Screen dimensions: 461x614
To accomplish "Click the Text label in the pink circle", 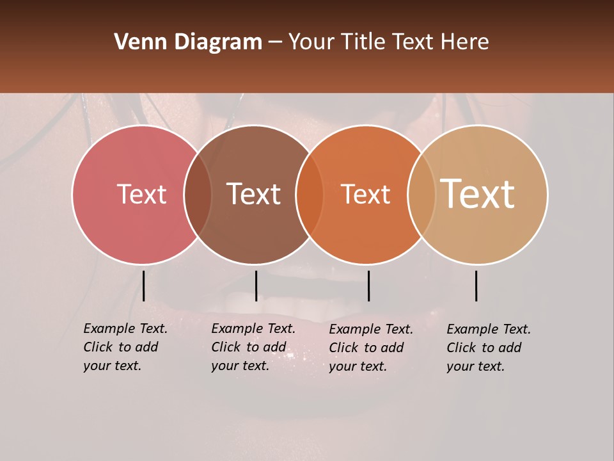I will [141, 195].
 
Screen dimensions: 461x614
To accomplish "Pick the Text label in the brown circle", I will [254, 195].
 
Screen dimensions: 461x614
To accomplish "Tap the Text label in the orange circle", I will [366, 195].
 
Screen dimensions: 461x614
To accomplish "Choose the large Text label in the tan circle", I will [478, 194].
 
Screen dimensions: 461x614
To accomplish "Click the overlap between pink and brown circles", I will [198, 195].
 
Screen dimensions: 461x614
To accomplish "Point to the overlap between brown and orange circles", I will [310, 195].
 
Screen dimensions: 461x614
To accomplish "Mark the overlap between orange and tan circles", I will [421, 195].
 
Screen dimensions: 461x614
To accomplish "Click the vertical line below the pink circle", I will [143, 286].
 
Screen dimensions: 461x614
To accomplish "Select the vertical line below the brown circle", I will [256, 286].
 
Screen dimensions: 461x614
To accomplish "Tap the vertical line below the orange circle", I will [368, 286].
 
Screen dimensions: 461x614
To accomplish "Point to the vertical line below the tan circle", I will [476, 286].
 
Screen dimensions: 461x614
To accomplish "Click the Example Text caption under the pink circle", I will [125, 347].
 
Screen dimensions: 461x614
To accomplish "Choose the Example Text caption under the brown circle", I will [253, 347].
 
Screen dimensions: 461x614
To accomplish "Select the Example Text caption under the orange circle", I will [370, 348].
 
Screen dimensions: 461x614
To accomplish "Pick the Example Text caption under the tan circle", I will [488, 348].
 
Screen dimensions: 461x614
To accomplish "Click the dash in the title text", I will [275, 43].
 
